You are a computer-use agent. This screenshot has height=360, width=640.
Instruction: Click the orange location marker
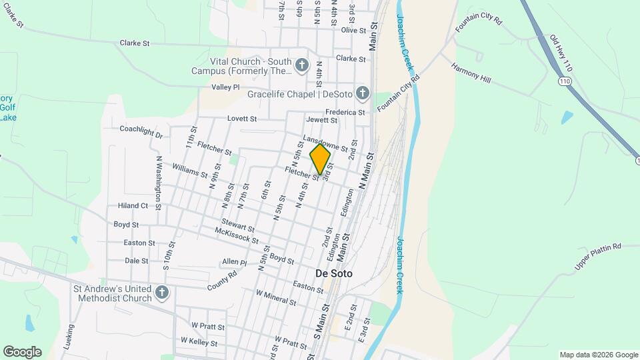tap(321, 159)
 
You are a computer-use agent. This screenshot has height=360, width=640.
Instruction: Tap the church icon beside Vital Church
tap(302, 65)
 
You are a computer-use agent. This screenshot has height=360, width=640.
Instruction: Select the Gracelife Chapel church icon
tap(362, 93)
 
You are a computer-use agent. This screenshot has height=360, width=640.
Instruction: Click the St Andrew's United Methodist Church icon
tap(161, 293)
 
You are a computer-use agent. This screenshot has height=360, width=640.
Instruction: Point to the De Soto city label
tap(333, 274)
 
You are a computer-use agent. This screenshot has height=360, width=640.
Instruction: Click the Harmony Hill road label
tap(471, 73)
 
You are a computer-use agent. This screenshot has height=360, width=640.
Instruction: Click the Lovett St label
tap(242, 119)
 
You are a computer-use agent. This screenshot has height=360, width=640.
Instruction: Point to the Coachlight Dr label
tap(141, 131)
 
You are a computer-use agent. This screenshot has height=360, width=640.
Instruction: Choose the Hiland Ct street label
tap(133, 206)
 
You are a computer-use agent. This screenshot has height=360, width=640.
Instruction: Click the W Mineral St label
tap(276, 297)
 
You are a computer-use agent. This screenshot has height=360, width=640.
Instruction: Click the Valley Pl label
tap(225, 87)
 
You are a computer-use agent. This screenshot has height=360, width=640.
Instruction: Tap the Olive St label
tap(354, 30)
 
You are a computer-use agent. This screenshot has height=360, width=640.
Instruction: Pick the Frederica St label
tap(345, 112)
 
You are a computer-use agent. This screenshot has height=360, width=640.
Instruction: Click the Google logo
tap(22, 352)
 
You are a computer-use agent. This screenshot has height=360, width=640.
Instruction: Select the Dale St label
tap(137, 261)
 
